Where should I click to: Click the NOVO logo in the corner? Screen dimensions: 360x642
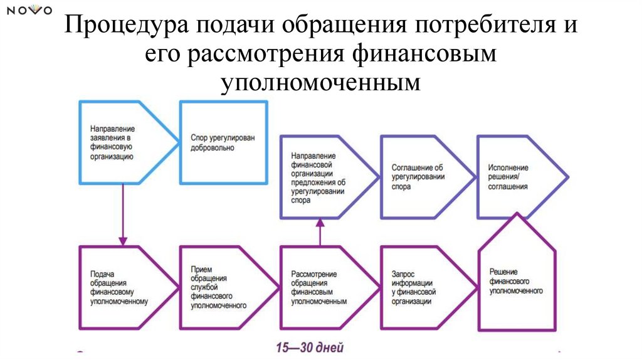(29, 10)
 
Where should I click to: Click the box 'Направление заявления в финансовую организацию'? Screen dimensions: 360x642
(119, 142)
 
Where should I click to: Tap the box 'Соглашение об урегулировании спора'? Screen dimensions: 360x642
(417, 177)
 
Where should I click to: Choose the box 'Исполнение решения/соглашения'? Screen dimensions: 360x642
(514, 177)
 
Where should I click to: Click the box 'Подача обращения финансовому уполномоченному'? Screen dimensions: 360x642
(119, 288)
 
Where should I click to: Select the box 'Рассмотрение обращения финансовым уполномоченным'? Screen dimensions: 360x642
(320, 288)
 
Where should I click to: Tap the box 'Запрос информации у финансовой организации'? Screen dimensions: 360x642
(418, 288)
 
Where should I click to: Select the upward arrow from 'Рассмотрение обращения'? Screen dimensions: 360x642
(320, 233)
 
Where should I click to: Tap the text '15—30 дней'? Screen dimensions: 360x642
(310, 347)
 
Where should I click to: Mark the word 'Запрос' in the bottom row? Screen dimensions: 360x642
(404, 274)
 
